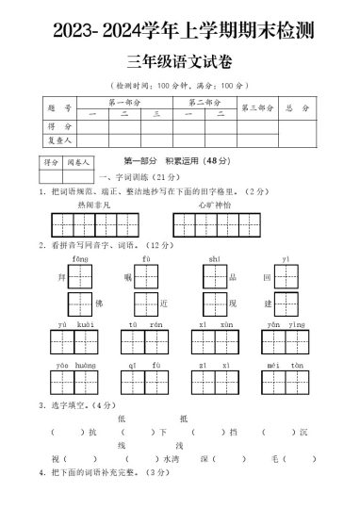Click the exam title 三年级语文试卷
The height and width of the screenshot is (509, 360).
pyautogui.click(x=180, y=63)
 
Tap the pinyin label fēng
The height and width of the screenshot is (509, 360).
pyautogui.click(x=80, y=257)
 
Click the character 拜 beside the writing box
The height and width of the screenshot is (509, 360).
pyautogui.click(x=61, y=278)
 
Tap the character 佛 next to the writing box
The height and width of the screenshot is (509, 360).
pyautogui.click(x=97, y=304)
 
